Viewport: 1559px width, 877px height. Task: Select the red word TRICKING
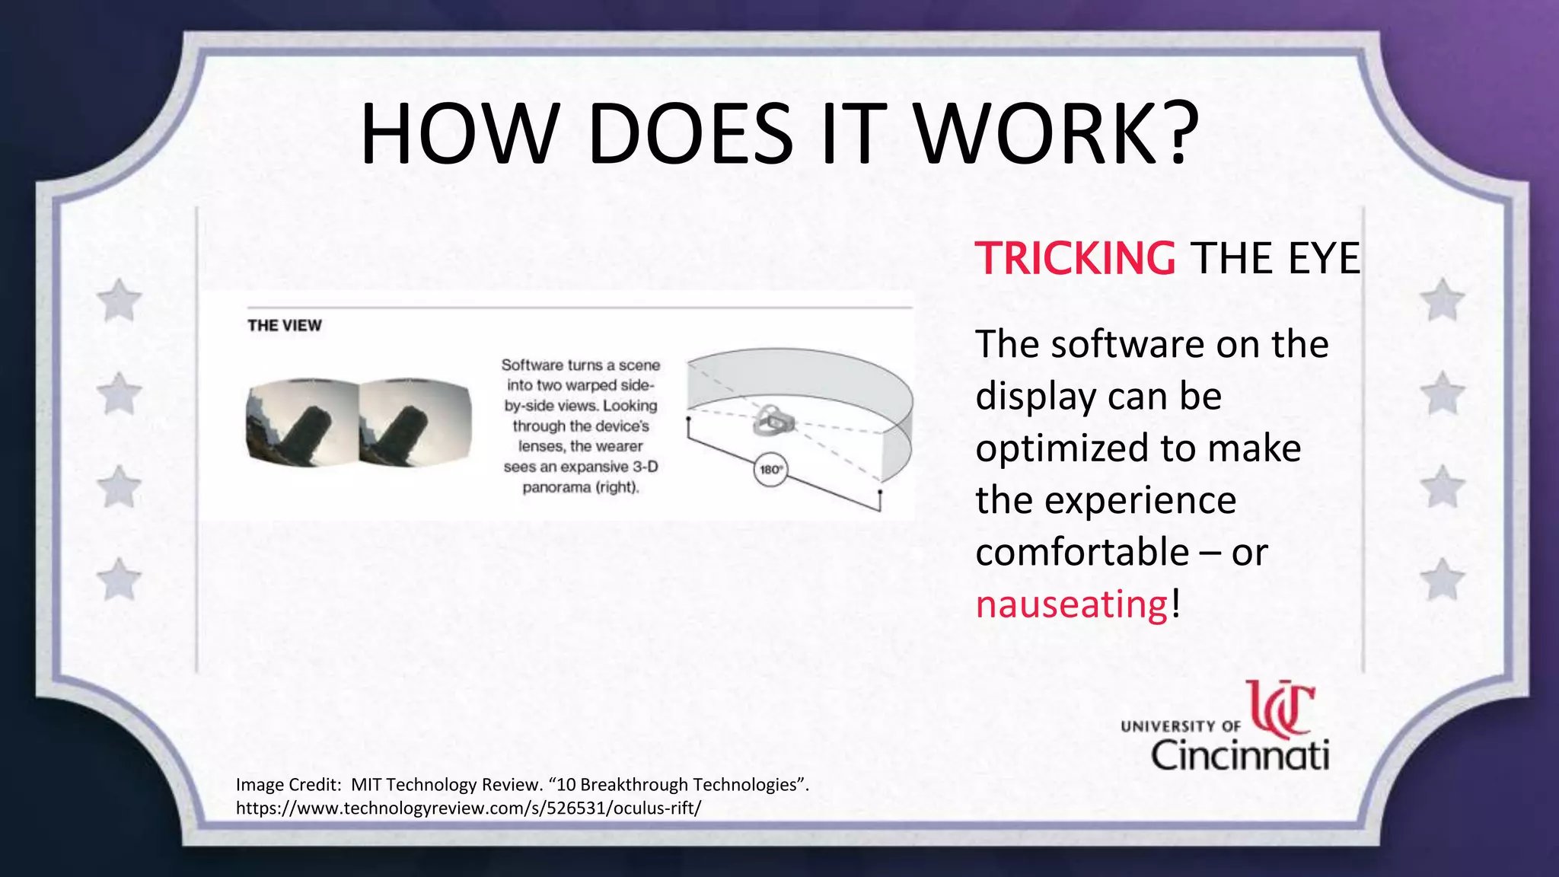point(1075,258)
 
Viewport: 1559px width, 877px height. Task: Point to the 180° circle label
point(770,470)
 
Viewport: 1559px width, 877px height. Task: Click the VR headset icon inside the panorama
point(773,420)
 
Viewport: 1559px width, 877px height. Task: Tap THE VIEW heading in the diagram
point(285,326)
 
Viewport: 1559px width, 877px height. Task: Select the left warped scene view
point(302,424)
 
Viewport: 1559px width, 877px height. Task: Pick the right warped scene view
point(415,424)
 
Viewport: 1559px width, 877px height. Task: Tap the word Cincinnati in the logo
point(1239,755)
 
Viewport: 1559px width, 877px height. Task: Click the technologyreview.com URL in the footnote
point(468,808)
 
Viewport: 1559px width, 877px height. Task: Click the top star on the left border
point(120,300)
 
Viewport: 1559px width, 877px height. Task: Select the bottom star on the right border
point(1442,580)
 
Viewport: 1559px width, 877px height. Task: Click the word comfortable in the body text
point(1082,552)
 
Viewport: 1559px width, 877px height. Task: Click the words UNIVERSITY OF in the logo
point(1180,726)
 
